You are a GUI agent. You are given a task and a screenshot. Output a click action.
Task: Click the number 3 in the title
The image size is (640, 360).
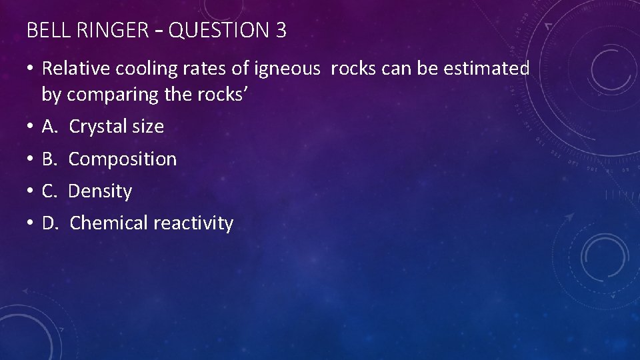280,31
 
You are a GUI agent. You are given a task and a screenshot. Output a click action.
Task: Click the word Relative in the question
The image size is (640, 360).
79,69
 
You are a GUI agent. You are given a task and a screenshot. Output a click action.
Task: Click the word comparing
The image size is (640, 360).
113,95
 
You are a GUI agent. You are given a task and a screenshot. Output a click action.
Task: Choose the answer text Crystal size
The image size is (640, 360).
116,127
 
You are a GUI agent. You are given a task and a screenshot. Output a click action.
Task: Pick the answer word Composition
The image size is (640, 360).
123,159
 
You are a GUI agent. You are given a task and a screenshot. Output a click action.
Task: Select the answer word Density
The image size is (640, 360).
101,191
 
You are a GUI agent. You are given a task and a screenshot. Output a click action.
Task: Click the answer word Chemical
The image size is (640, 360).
109,223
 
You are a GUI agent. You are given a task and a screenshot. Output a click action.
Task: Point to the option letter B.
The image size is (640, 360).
49,159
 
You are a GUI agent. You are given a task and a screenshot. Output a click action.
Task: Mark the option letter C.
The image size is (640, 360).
49,191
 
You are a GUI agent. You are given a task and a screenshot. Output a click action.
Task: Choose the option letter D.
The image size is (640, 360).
49,223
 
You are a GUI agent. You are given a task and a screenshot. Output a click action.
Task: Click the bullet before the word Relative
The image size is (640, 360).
32,69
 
